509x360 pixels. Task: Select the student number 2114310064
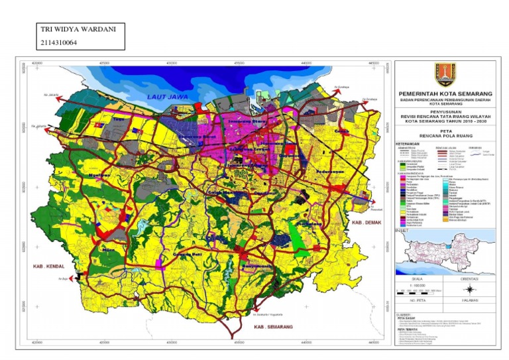coord(60,42)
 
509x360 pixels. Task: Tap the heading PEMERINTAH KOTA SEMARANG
coord(444,95)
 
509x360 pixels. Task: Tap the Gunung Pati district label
coord(188,254)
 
